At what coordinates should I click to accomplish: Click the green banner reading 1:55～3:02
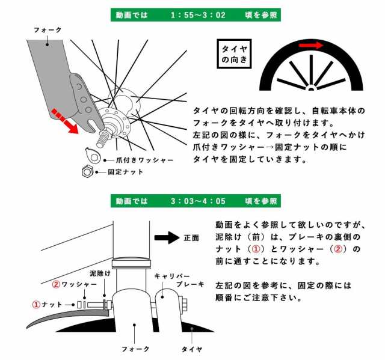click(x=196, y=15)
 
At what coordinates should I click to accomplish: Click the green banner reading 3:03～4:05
click(x=196, y=201)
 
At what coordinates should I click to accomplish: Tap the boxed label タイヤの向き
click(x=234, y=53)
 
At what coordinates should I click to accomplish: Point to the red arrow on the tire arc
click(x=311, y=45)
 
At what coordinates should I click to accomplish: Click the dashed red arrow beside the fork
click(x=65, y=121)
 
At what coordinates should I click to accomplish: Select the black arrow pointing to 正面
click(x=167, y=237)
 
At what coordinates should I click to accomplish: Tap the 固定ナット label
click(x=126, y=172)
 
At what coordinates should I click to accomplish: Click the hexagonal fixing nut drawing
click(x=87, y=171)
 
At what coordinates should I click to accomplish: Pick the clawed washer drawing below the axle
click(x=92, y=155)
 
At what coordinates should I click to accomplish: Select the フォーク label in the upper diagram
click(x=48, y=30)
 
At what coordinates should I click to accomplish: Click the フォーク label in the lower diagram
click(x=135, y=349)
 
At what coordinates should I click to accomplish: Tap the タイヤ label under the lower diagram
click(x=192, y=349)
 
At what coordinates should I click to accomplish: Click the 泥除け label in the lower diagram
click(x=100, y=273)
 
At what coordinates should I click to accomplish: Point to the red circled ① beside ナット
click(x=36, y=305)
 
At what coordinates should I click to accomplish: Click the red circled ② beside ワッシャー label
click(x=56, y=284)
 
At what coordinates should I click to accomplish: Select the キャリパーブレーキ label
click(x=179, y=280)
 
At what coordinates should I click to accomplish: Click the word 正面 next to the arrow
click(x=191, y=238)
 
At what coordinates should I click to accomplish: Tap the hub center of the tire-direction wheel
click(x=311, y=88)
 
